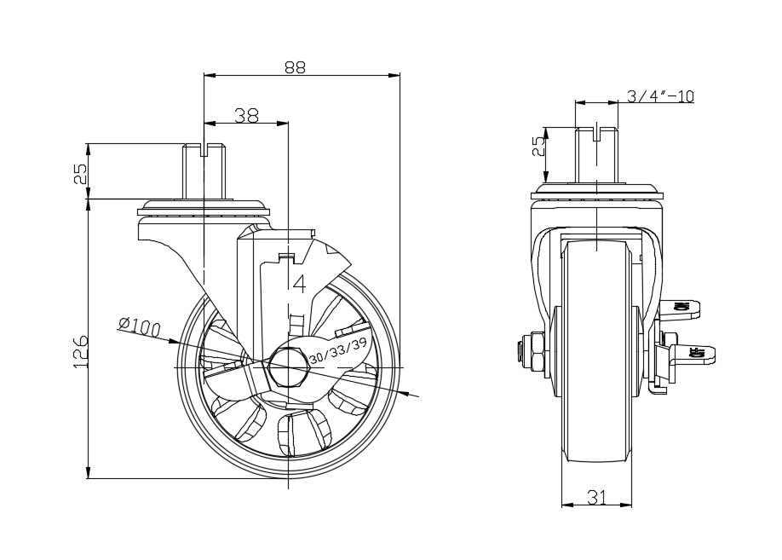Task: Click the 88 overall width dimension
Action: coord(295,67)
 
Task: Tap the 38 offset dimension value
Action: coord(247,115)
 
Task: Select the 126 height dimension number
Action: coord(80,352)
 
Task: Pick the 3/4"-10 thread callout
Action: coord(660,95)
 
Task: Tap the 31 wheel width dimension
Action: coord(596,497)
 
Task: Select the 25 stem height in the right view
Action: coord(538,147)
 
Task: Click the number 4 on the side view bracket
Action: coord(299,284)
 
